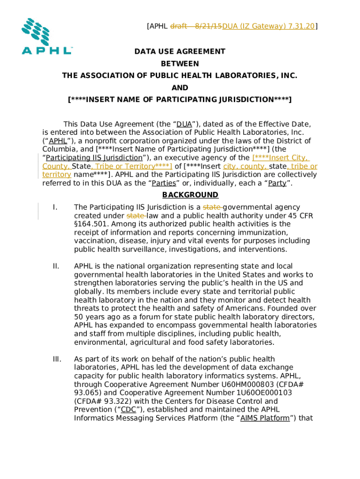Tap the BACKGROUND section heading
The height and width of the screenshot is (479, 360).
point(190,195)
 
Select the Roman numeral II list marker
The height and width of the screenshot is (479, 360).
point(56,266)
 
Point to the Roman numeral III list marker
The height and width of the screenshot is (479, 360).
point(57,359)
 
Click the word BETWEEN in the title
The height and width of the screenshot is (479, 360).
point(180,64)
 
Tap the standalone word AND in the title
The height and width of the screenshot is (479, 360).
point(180,88)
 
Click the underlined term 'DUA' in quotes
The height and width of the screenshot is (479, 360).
point(184,124)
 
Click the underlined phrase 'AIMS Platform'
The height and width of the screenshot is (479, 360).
point(265,418)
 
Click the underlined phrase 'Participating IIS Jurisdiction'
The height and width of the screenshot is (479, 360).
point(94,158)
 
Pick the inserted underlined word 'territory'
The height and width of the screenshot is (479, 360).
point(57,175)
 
